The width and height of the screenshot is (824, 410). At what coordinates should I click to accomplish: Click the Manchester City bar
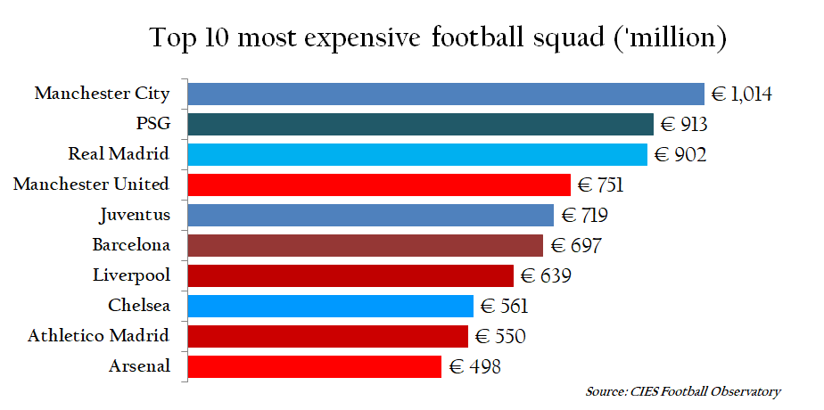click(446, 94)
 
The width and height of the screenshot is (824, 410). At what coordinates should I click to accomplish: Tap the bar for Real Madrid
click(417, 154)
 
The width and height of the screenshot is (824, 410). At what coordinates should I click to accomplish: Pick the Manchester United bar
click(379, 184)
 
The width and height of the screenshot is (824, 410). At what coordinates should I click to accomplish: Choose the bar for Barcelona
click(366, 245)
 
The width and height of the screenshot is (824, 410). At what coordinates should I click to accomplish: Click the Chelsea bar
click(331, 306)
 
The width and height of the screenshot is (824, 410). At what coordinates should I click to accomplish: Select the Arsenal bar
click(315, 366)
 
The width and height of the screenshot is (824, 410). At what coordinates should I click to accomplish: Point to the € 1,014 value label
click(741, 94)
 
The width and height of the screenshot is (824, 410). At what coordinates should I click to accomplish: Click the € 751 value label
click(600, 184)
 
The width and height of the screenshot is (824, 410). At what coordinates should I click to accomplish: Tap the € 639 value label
click(546, 275)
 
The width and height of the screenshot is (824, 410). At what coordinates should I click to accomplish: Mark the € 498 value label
click(474, 366)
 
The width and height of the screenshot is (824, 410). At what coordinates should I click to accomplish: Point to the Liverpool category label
click(131, 275)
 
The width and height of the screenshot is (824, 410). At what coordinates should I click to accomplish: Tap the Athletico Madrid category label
click(98, 336)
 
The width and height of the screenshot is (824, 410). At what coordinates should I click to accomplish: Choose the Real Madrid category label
click(119, 154)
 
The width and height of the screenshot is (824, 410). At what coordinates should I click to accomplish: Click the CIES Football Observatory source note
click(683, 391)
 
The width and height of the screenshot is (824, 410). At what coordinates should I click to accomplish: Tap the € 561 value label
click(505, 306)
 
